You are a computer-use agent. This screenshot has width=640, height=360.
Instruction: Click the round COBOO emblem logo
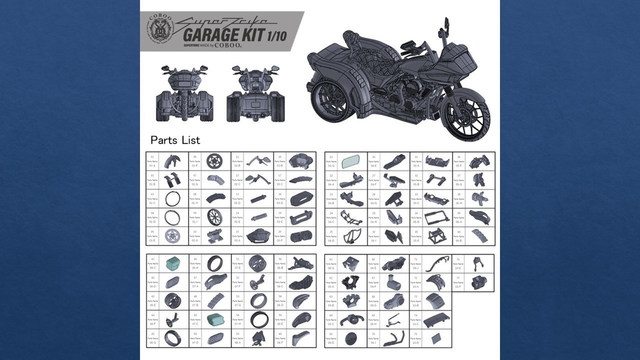tap(160, 29)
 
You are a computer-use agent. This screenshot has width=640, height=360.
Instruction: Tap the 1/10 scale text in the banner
tap(276, 35)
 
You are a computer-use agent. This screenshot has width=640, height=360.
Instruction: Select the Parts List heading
tap(175, 140)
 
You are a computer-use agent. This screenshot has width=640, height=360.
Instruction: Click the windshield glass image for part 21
tap(349, 162)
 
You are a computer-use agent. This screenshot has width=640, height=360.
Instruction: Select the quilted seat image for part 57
tap(301, 282)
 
